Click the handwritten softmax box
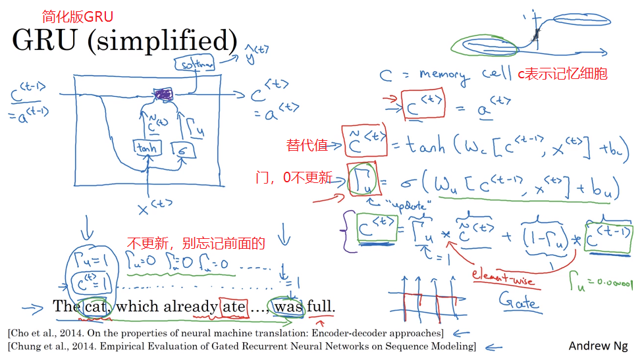pyautogui.click(x=194, y=64)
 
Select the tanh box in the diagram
pyautogui.click(x=146, y=148)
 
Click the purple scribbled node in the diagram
pyautogui.click(x=162, y=96)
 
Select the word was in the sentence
pyautogui.click(x=288, y=307)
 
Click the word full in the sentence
pyautogui.click(x=321, y=307)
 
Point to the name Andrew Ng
pyautogui.click(x=599, y=346)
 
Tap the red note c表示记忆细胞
pyautogui.click(x=562, y=74)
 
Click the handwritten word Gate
pyautogui.click(x=520, y=303)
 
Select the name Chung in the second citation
pyautogui.click(x=28, y=346)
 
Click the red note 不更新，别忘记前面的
pyautogui.click(x=196, y=244)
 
